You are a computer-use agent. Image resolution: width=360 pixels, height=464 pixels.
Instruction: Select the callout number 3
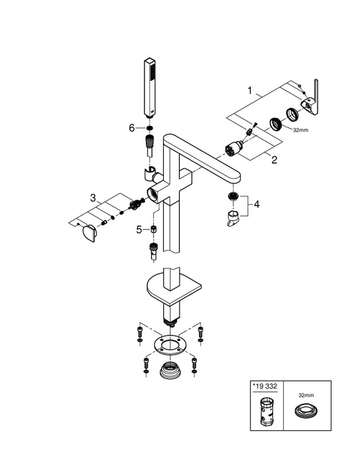click(x=94, y=197)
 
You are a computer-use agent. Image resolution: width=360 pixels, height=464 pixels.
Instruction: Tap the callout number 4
click(x=257, y=205)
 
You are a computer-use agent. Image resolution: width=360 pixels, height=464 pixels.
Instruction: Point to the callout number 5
click(x=139, y=229)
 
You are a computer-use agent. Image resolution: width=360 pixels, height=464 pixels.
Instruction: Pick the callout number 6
click(x=132, y=127)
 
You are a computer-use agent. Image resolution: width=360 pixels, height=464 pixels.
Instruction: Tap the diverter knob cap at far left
click(x=86, y=233)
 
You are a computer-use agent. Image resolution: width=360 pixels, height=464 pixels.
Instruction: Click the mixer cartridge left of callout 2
click(x=234, y=148)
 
